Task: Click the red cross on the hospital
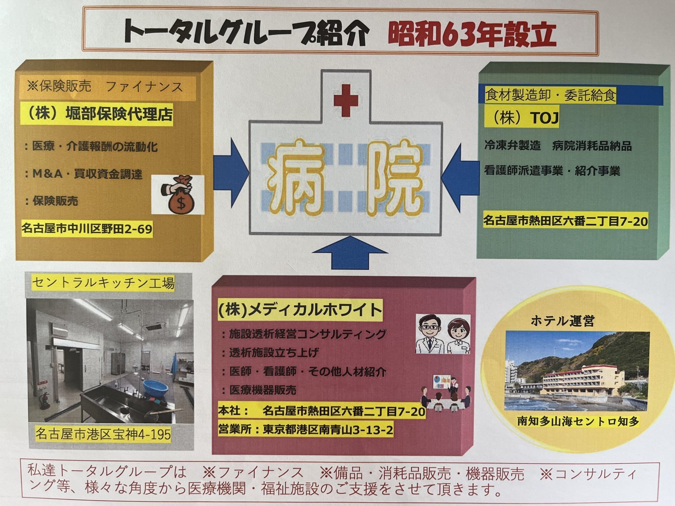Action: tap(346, 100)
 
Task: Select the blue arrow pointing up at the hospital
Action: tap(350, 253)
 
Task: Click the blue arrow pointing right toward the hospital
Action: tap(231, 172)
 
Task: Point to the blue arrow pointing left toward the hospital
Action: tap(460, 178)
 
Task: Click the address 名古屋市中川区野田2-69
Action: tap(87, 229)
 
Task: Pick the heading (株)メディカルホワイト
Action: tap(300, 310)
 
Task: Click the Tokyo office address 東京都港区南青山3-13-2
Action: tap(328, 430)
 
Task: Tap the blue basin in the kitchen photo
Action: tap(156, 388)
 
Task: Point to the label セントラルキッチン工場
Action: tap(103, 283)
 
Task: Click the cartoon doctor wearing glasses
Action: tap(430, 334)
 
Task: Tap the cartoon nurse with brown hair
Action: tap(458, 336)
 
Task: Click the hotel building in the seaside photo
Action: tap(583, 380)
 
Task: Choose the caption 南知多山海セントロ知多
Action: tap(578, 421)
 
